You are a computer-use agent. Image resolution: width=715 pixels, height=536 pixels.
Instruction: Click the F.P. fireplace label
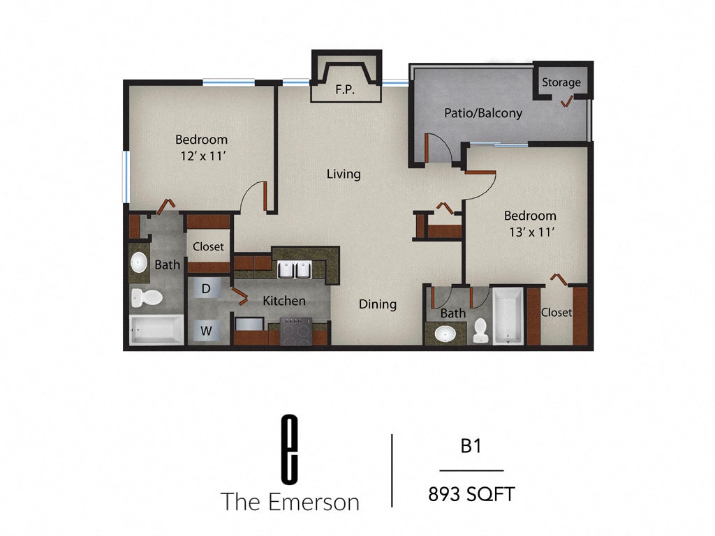(343, 89)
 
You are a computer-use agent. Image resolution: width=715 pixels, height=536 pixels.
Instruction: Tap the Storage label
(561, 82)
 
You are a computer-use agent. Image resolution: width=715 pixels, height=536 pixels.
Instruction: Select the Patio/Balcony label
(483, 112)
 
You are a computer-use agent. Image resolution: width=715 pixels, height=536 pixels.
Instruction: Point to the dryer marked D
(207, 288)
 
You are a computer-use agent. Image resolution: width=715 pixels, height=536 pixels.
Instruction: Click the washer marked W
(207, 331)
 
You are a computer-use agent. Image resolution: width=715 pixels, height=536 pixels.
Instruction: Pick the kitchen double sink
(294, 269)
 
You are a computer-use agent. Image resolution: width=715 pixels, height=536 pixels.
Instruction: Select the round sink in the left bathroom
(138, 262)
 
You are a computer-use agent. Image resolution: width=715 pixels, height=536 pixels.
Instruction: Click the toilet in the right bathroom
(480, 330)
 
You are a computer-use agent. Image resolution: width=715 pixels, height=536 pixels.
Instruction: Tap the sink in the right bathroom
(444, 334)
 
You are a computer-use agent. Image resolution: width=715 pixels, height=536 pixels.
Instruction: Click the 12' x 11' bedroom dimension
(201, 156)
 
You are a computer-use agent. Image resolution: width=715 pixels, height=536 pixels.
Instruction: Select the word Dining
(378, 304)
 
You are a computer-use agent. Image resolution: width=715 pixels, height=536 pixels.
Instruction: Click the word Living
(344, 174)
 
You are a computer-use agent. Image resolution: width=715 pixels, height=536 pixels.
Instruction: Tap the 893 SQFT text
(471, 495)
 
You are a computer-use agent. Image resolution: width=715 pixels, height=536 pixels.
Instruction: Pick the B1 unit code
(471, 446)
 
